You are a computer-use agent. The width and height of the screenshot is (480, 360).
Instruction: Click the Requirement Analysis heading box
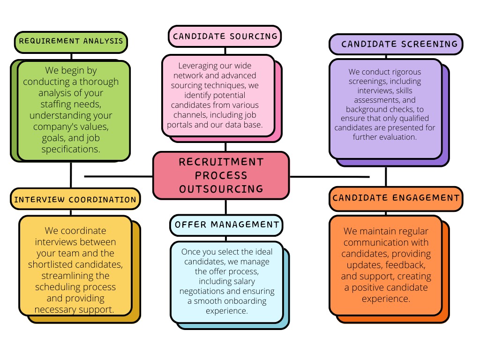pos(71,41)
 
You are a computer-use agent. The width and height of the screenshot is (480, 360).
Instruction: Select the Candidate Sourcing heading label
pos(225,36)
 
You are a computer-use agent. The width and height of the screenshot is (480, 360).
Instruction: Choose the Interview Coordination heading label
pos(75,199)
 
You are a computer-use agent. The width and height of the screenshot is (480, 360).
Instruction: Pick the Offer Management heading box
pos(227,225)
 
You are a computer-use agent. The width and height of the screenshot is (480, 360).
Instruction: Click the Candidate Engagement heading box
pos(396,198)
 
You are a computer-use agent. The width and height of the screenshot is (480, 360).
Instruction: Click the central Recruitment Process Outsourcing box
pos(221,175)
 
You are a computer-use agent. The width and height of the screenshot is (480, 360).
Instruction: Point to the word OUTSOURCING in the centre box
pos(221,189)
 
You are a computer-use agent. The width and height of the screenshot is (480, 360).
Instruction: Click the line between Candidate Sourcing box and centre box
pos(225,146)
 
